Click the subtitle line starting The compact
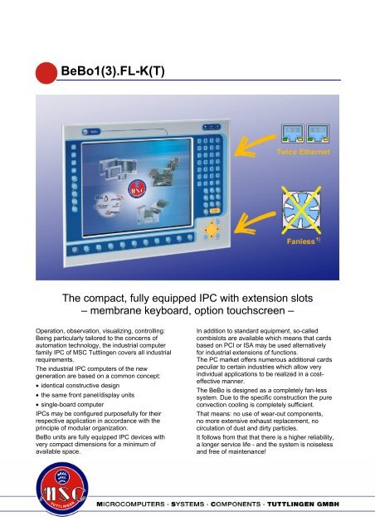click(x=187, y=298)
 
